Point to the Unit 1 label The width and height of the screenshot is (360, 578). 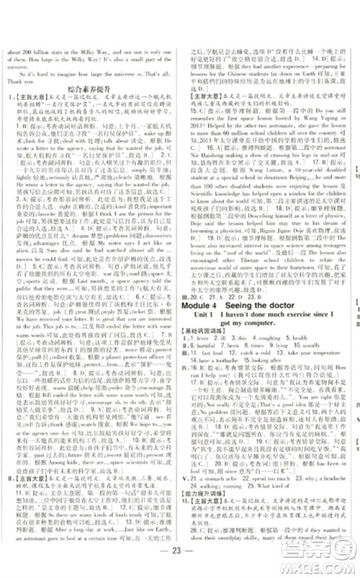point(203,300)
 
